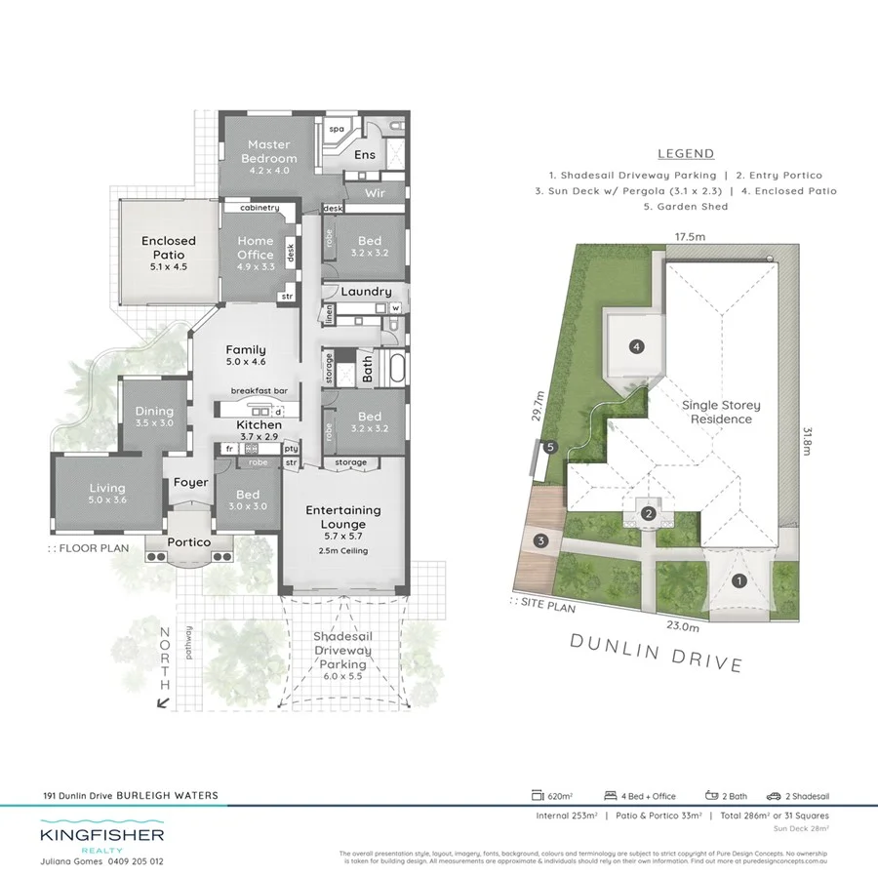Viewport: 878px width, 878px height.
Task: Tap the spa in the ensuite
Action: coord(338,129)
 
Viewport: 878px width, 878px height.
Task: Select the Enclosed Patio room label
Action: coord(169,248)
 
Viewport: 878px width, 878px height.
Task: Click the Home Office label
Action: coord(256,249)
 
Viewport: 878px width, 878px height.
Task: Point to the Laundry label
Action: coord(366,291)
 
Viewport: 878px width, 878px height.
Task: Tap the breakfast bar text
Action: coord(256,390)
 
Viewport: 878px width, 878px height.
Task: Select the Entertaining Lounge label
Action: coord(342,517)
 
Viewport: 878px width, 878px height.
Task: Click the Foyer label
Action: coord(190,482)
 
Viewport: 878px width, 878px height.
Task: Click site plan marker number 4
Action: coord(636,345)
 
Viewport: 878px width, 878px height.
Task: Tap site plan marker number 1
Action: coord(739,581)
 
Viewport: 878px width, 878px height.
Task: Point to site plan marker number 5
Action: coord(551,448)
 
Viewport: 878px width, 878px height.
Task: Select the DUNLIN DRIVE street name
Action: coord(656,652)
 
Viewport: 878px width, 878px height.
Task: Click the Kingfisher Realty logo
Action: coord(101,840)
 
